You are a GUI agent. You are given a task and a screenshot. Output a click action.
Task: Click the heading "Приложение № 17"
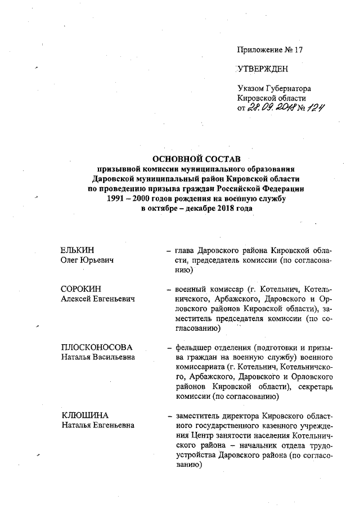coord(271,49)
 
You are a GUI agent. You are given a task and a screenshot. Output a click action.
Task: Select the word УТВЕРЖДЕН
coord(263,69)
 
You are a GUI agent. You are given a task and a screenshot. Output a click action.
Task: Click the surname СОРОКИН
coord(80,289)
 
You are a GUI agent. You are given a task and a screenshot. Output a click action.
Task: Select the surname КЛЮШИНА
coord(84,416)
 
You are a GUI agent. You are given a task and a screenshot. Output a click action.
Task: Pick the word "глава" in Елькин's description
coord(186,250)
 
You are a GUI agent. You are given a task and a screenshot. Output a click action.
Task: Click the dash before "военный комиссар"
coord(169,289)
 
